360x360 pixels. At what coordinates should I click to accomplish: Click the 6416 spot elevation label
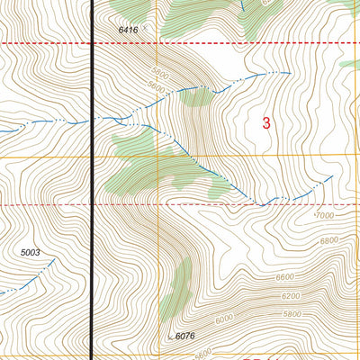pos(129,30)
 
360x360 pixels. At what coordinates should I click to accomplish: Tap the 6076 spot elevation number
pos(185,337)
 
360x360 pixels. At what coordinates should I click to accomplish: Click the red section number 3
pos(266,123)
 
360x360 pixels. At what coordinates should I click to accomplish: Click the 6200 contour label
pos(290,296)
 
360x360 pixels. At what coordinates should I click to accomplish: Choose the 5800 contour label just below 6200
pos(291,313)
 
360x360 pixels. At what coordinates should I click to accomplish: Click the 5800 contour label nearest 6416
pos(159,73)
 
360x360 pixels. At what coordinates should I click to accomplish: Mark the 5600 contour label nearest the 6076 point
pos(205,351)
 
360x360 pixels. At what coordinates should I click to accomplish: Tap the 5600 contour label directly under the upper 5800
pos(157,88)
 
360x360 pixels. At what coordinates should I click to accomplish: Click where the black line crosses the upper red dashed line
pos(94,42)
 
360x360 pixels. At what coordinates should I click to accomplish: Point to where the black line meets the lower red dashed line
pos(94,205)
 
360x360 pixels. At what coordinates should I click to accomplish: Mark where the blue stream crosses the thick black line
pos(94,118)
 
